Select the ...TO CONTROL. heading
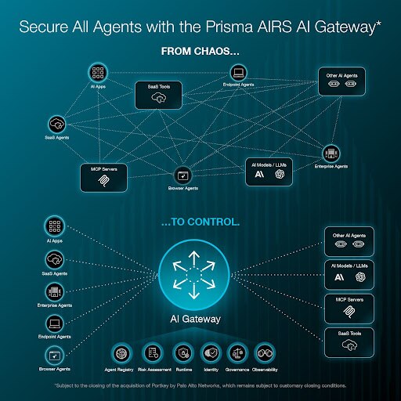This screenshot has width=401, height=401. pyautogui.click(x=200, y=222)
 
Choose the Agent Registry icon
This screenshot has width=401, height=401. pyautogui.click(x=120, y=353)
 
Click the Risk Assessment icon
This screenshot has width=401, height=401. pyautogui.click(x=154, y=353)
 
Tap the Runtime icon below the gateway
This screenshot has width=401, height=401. pyautogui.click(x=182, y=353)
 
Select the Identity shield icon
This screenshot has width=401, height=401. pyautogui.click(x=210, y=353)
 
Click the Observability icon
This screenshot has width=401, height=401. pyautogui.click(x=267, y=353)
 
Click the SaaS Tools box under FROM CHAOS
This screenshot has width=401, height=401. pyautogui.click(x=159, y=96)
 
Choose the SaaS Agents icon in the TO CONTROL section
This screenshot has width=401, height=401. pyautogui.click(x=56, y=259)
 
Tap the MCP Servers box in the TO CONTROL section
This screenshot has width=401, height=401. pyautogui.click(x=349, y=310)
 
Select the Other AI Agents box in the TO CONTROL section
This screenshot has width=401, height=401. pyautogui.click(x=349, y=242)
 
